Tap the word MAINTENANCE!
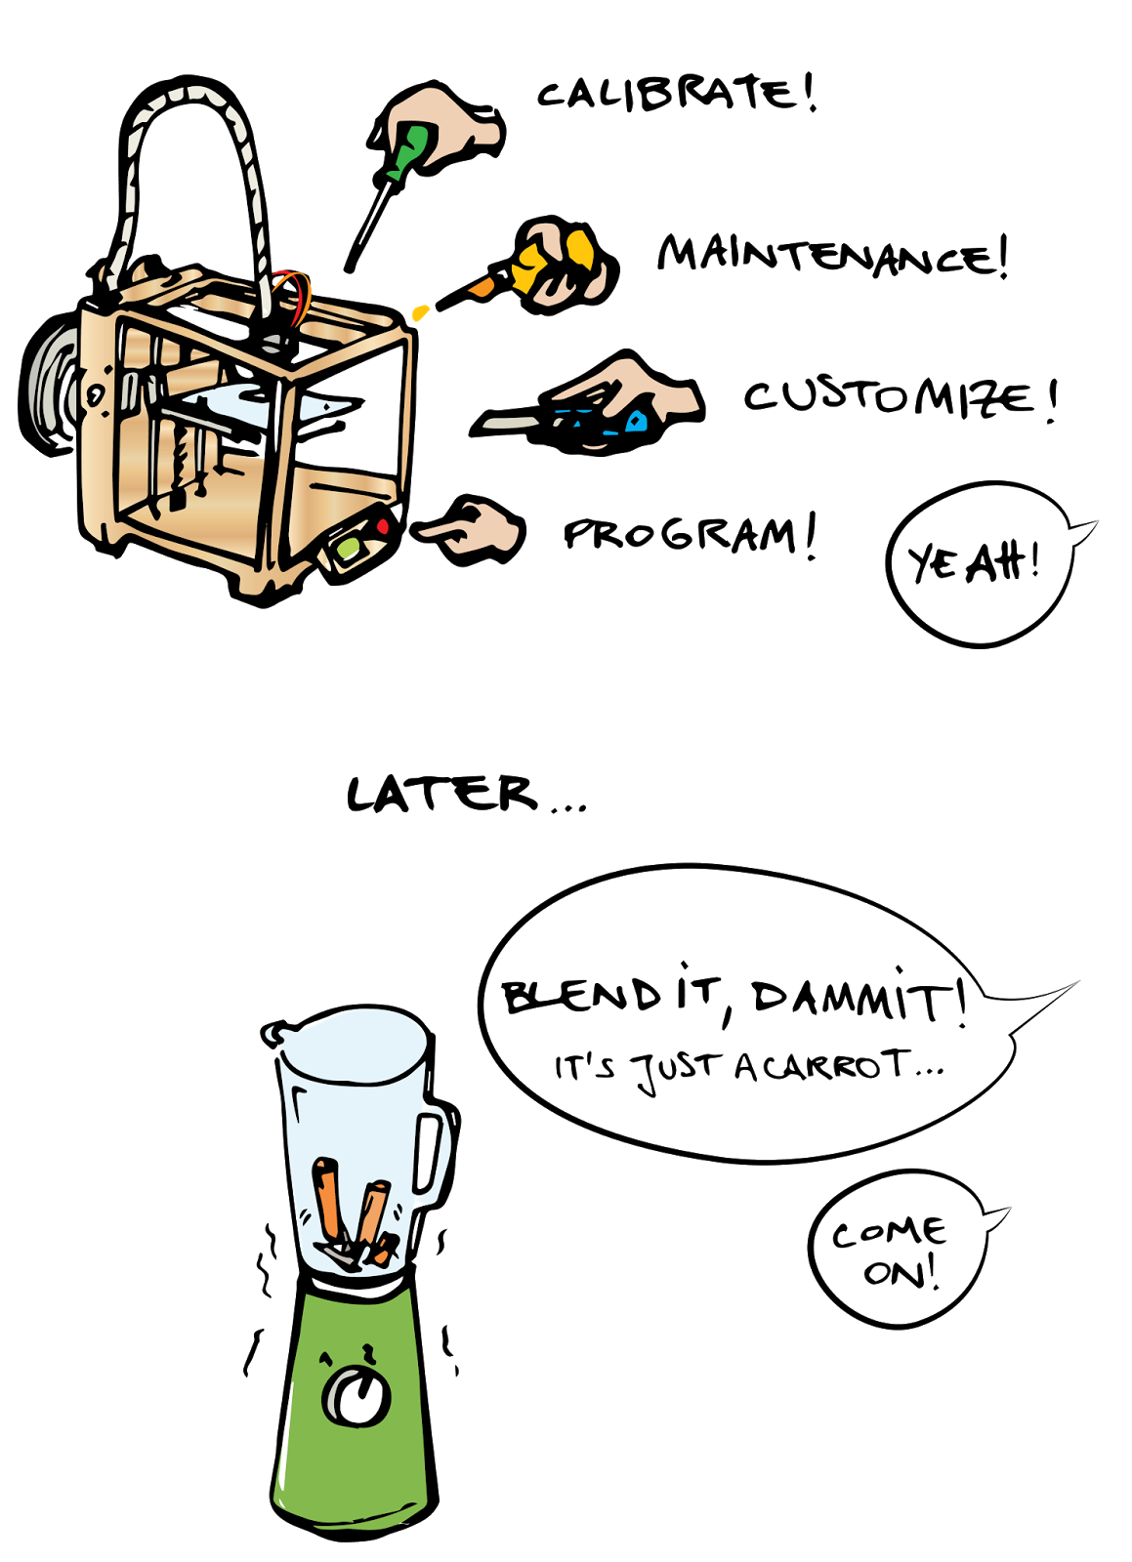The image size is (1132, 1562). coord(833,255)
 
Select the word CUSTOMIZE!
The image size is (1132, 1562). coord(901,400)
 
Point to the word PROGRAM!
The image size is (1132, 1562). coord(690,537)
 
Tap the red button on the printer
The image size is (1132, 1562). coord(382,527)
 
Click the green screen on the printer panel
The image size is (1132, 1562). coord(348,548)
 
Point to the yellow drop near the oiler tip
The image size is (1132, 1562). coord(420,312)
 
